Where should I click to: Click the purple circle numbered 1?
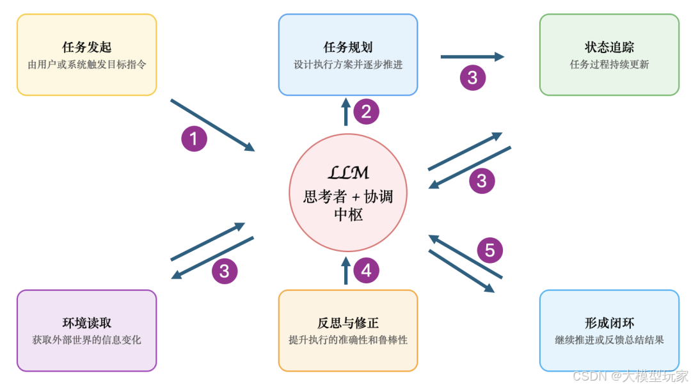194,138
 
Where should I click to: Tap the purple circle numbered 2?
366,112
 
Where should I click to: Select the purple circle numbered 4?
366,271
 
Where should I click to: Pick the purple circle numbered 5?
489,250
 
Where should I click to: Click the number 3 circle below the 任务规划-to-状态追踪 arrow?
472,78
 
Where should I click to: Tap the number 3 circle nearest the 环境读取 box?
224,271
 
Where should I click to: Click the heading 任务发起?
87,48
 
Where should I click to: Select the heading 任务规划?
348,48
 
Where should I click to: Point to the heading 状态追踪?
609,48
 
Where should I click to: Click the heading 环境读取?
87,323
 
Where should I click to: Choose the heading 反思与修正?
348,323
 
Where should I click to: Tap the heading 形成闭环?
609,323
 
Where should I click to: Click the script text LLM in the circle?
348,173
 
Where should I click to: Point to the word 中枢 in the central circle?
348,215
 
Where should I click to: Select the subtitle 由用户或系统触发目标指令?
87,65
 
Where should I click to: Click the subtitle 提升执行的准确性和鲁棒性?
348,340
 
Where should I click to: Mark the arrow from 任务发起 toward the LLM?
212,125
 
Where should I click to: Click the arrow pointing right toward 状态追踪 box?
472,57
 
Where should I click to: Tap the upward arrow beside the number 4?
346,270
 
